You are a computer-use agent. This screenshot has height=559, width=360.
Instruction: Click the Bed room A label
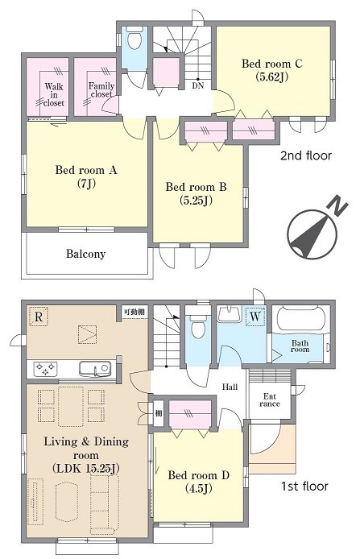(x=86, y=170)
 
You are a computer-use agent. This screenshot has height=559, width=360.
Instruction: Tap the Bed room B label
(x=196, y=187)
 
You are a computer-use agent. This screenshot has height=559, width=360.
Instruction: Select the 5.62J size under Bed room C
(x=271, y=77)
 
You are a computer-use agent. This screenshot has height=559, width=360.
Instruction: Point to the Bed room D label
(x=199, y=475)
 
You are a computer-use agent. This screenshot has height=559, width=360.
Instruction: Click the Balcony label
(x=86, y=254)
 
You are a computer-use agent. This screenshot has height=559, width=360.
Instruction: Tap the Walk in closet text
(x=54, y=95)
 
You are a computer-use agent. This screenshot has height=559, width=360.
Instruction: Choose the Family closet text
(x=101, y=90)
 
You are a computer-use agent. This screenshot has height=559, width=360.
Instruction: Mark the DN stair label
(x=198, y=86)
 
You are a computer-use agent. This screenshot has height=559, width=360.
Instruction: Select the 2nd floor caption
(x=305, y=155)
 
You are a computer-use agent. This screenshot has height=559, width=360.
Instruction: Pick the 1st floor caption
(x=304, y=486)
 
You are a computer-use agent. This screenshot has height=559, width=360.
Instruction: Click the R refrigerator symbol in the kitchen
(x=39, y=317)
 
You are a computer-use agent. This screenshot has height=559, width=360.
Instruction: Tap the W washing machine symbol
(x=255, y=317)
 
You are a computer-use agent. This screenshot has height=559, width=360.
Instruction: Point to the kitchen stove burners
(x=45, y=369)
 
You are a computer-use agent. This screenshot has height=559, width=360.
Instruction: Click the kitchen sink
(x=95, y=368)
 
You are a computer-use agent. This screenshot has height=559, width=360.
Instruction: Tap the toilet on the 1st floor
(x=198, y=326)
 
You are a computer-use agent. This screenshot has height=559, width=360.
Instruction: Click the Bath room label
(x=300, y=346)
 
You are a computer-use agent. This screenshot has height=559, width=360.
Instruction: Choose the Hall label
(x=230, y=387)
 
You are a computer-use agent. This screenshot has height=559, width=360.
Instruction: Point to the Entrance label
(x=270, y=400)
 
